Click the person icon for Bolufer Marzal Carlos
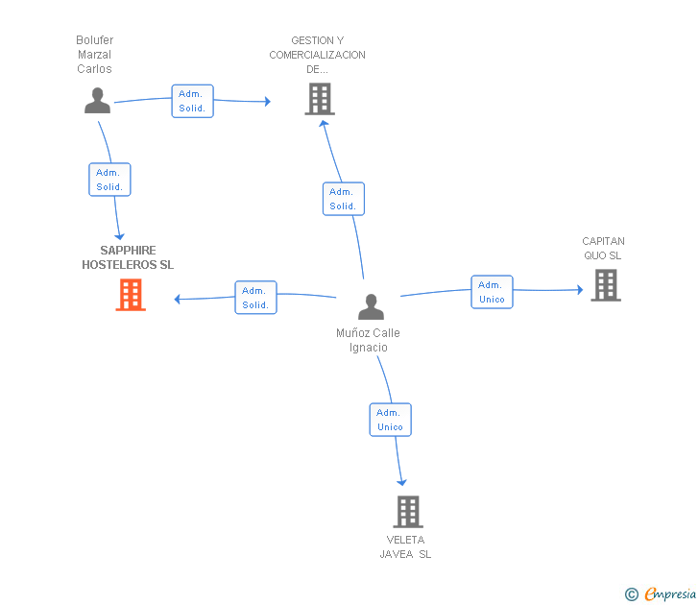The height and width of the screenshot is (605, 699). pyautogui.click(x=97, y=101)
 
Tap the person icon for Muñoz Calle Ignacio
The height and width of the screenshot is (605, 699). pyautogui.click(x=371, y=306)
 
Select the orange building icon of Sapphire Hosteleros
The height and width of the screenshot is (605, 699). pyautogui.click(x=131, y=295)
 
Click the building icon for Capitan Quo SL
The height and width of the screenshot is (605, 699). pyautogui.click(x=605, y=285)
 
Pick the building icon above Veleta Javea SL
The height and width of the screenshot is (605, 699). pyautogui.click(x=408, y=512)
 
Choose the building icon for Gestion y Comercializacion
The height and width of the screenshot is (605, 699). pyautogui.click(x=319, y=99)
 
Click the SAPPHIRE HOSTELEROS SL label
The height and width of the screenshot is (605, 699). pyautogui.click(x=128, y=257)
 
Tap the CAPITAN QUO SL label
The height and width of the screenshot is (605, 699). pyautogui.click(x=603, y=249)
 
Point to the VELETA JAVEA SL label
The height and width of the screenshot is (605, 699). pyautogui.click(x=405, y=546)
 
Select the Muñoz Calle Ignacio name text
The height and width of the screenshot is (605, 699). pyautogui.click(x=368, y=340)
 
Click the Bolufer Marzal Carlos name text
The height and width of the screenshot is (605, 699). pyautogui.click(x=94, y=55)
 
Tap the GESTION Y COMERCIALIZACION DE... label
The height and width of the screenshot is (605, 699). pyautogui.click(x=317, y=55)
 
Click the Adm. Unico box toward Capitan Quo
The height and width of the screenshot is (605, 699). pyautogui.click(x=492, y=292)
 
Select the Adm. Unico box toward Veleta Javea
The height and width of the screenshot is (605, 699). pyautogui.click(x=390, y=420)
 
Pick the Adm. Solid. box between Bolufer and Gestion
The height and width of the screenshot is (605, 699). pyautogui.click(x=192, y=101)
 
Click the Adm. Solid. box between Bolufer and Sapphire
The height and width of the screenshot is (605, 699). pyautogui.click(x=109, y=180)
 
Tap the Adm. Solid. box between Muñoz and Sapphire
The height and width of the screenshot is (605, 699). pyautogui.click(x=255, y=298)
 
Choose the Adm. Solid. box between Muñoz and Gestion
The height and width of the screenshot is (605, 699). pyautogui.click(x=343, y=199)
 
